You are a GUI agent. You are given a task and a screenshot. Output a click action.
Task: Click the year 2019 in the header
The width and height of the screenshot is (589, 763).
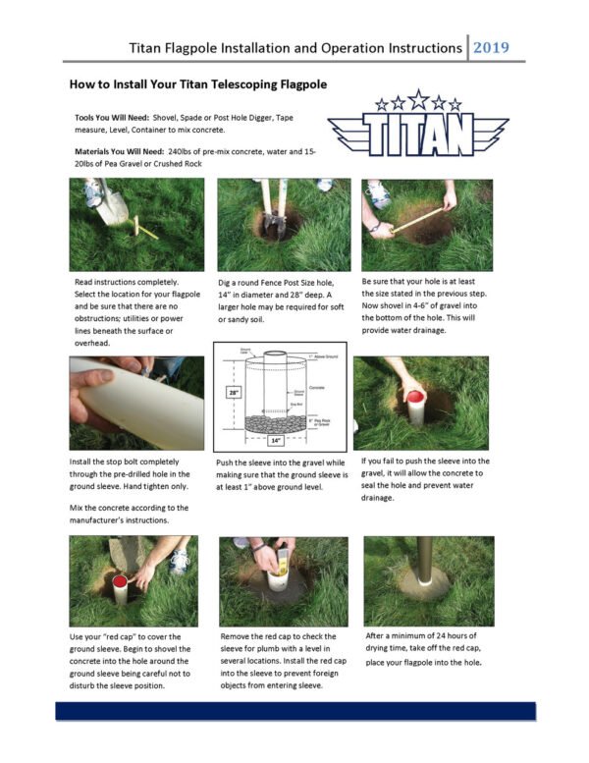[497, 47]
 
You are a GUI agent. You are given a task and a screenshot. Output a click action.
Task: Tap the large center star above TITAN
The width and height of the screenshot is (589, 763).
[418, 98]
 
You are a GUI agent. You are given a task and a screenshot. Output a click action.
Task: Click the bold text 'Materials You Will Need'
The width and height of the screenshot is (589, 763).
[119, 151]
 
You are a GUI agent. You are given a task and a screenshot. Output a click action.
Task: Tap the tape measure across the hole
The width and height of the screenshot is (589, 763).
[416, 219]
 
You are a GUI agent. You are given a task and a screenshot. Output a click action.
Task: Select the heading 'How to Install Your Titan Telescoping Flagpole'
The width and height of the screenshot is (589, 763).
[197, 84]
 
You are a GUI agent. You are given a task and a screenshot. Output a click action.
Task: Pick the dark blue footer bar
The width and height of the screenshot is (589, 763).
[294, 710]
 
